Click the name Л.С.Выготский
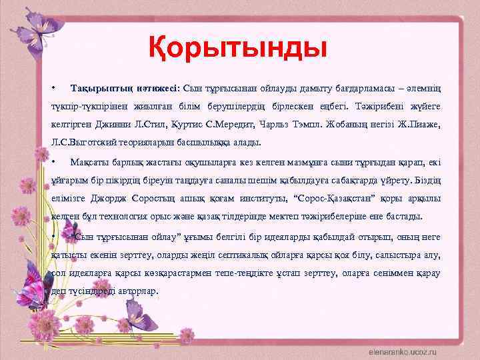pos(83,141)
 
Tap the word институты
pos(260,199)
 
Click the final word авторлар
pos(135,291)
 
